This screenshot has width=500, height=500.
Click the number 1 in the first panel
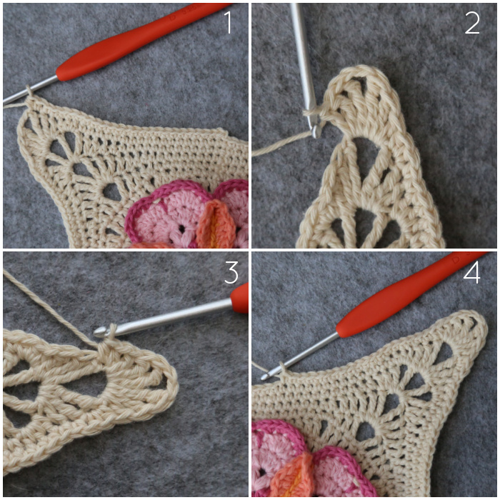tap(228, 22)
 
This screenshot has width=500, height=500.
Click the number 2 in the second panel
tap(472, 23)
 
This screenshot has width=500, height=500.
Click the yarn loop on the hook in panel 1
tap(29, 91)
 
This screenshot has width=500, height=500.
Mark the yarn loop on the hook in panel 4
tap(282, 367)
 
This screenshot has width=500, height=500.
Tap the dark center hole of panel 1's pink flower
tap(181, 229)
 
